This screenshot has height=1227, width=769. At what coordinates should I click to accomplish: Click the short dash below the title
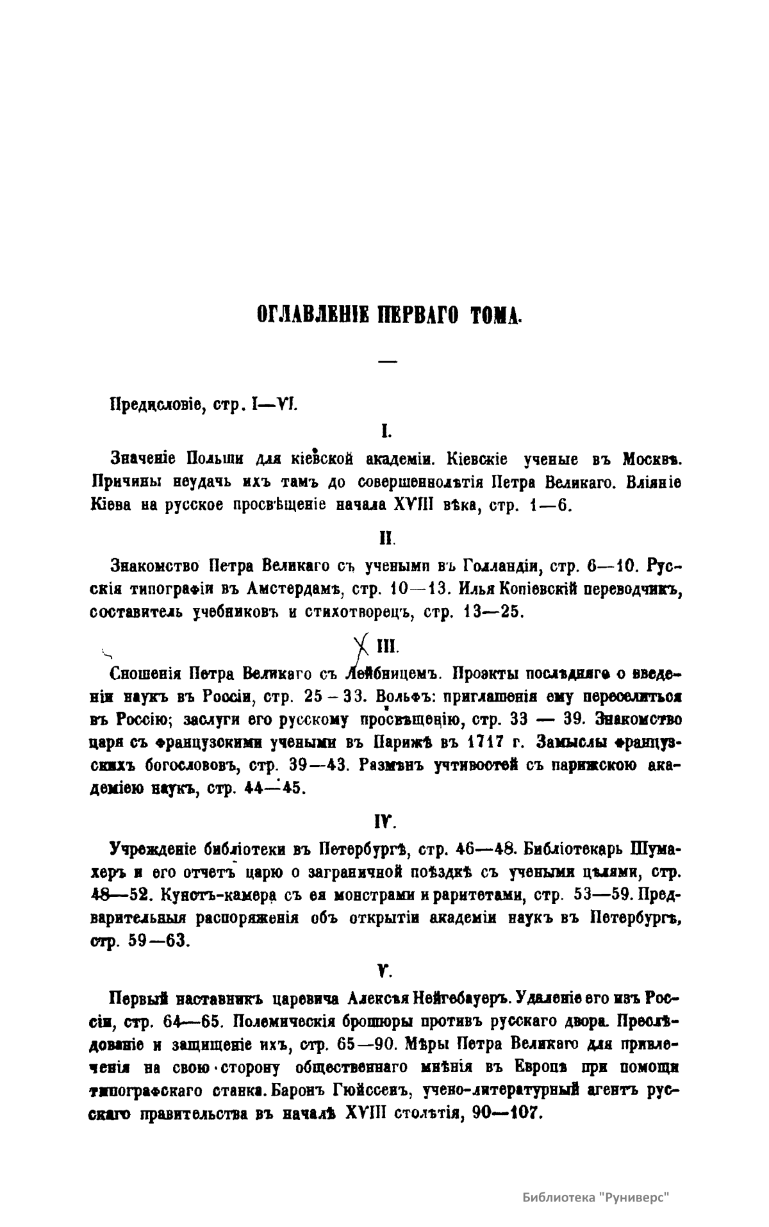[x=387, y=362]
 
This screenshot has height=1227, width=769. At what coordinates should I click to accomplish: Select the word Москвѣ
[x=652, y=459]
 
